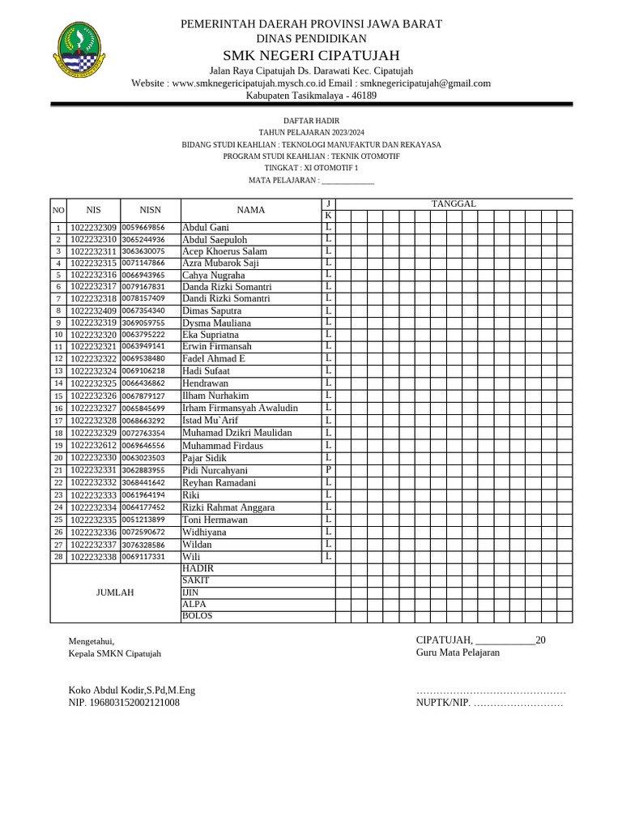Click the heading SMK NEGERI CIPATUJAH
tap(311, 55)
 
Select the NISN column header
tap(150, 210)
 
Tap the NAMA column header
tap(251, 210)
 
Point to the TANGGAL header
tap(454, 203)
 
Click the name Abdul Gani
tap(206, 228)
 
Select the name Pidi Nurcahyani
tap(215, 470)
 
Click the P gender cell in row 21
tap(328, 470)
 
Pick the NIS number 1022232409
tap(93, 310)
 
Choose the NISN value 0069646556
tap(143, 446)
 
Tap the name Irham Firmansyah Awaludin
tap(240, 408)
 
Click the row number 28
tap(58, 557)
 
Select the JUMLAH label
tap(115, 593)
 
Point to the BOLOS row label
tap(197, 617)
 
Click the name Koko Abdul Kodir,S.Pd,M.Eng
tap(132, 691)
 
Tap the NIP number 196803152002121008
tap(124, 703)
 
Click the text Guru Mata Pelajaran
tap(458, 652)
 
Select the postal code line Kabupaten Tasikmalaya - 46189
tap(311, 96)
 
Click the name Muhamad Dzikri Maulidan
tap(236, 433)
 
